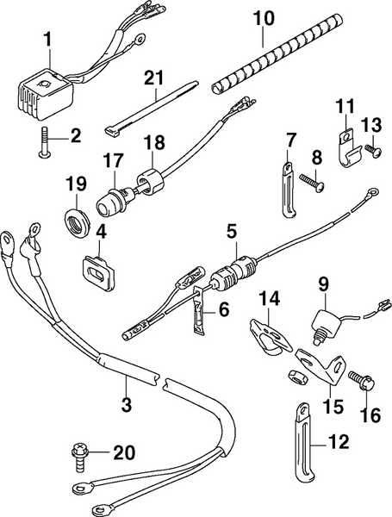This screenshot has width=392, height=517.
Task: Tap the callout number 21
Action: point(152,78)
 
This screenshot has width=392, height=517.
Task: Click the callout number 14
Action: point(270,299)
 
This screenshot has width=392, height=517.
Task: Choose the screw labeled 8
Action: point(311,180)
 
